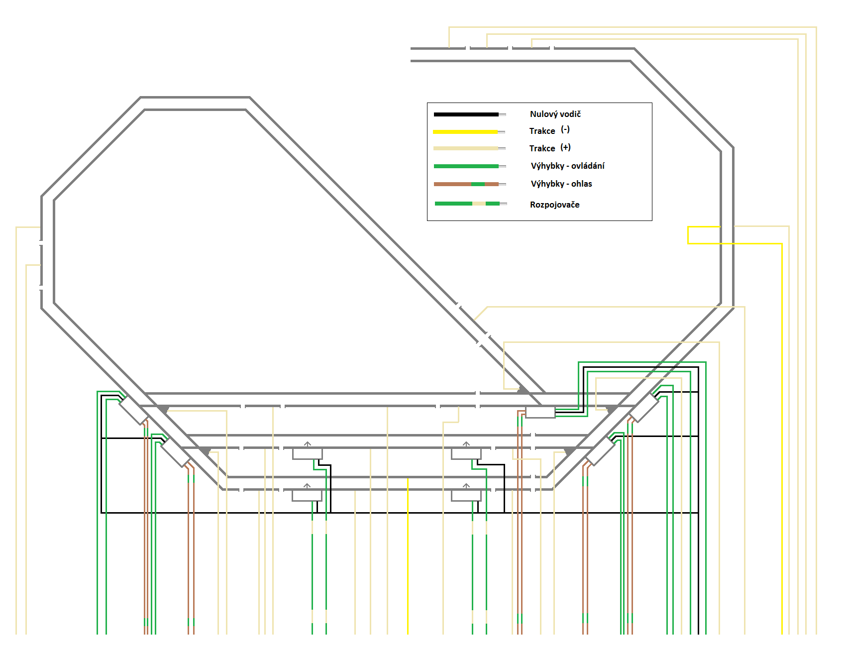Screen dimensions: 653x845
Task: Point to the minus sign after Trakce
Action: click(565, 130)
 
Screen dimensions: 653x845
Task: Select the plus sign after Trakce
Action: click(565, 147)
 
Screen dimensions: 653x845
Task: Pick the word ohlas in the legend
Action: click(581, 184)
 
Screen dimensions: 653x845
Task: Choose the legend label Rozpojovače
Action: click(554, 205)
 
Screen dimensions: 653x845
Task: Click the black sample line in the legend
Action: click(466, 114)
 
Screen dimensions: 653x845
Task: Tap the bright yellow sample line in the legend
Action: click(465, 132)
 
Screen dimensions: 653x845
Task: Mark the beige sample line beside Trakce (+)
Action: click(466, 148)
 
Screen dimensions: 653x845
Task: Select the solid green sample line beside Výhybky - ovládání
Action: click(466, 166)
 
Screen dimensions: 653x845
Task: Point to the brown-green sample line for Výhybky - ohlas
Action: click(466, 184)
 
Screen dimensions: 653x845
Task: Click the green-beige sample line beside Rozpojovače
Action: click(467, 204)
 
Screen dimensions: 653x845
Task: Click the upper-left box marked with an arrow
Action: click(307, 453)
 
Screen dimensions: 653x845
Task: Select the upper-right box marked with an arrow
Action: click(466, 453)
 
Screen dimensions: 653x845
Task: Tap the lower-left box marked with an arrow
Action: click(307, 495)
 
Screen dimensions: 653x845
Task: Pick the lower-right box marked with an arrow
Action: click(466, 495)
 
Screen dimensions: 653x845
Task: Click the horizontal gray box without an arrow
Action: click(540, 412)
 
